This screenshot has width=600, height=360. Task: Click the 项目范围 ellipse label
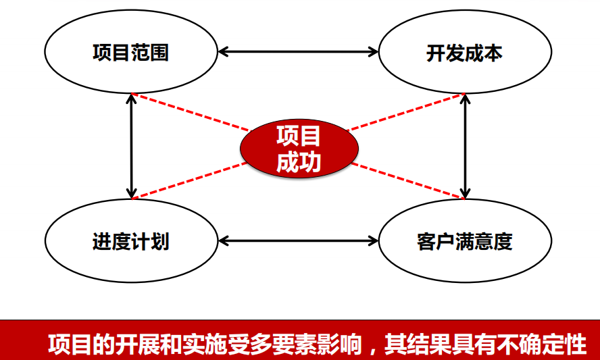130,53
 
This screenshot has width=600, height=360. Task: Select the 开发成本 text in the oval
464,53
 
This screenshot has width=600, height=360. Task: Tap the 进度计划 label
130,241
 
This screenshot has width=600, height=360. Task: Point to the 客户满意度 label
464,241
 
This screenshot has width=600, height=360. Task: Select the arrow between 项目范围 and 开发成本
298,51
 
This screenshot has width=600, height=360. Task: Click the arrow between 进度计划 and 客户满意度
298,240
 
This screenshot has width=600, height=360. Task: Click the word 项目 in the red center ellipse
298,136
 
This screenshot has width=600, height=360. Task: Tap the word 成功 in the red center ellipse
298,161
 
